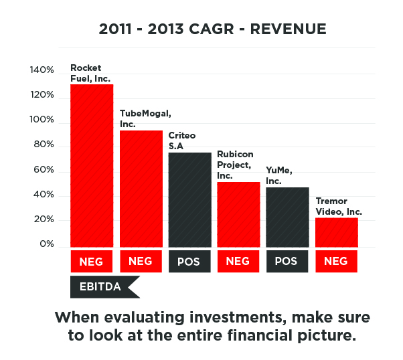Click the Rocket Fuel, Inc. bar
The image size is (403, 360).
click(x=92, y=165)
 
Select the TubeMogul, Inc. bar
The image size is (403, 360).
click(x=141, y=188)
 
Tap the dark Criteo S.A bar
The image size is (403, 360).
click(x=189, y=199)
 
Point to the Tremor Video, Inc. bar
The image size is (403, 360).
click(x=336, y=232)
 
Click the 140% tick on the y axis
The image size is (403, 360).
click(x=42, y=70)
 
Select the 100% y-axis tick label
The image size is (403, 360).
click(x=42, y=120)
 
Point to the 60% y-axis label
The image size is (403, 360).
click(x=44, y=170)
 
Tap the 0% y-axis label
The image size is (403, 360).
click(x=46, y=244)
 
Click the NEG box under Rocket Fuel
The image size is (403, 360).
click(x=92, y=262)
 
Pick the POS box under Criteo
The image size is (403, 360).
click(x=189, y=262)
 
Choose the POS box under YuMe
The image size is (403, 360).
click(x=287, y=262)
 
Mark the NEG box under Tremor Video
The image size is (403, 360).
click(x=336, y=262)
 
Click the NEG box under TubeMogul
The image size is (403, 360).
click(x=141, y=262)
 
